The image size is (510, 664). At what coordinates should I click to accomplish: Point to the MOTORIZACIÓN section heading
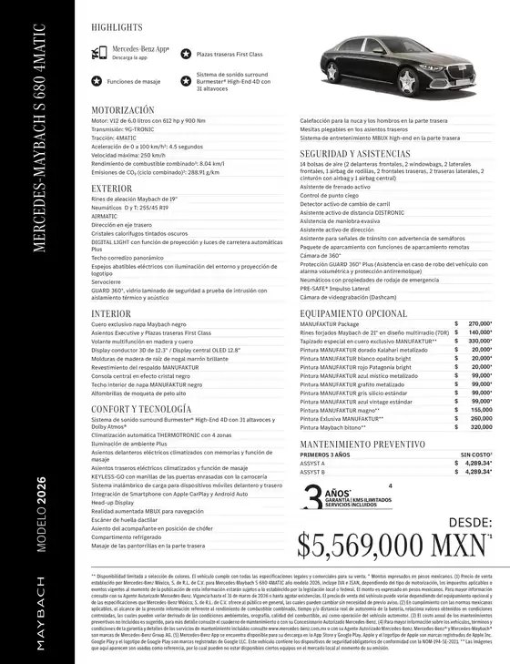click(122, 109)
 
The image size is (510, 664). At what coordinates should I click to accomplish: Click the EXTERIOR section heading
click(111, 189)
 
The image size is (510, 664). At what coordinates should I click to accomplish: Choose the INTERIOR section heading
click(110, 313)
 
